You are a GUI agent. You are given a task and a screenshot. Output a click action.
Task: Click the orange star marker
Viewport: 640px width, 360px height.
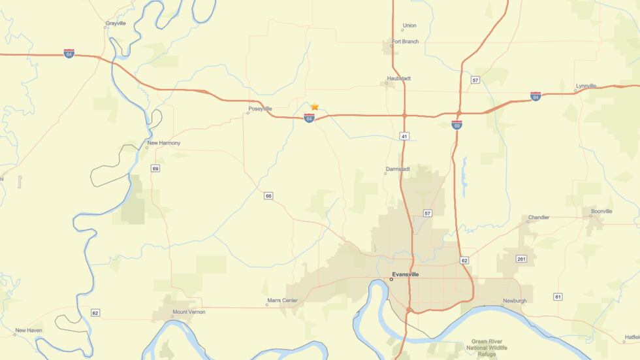315,106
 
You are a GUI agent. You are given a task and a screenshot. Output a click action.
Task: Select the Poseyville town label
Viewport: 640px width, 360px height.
260,109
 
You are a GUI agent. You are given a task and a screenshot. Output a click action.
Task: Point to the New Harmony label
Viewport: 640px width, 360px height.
163,143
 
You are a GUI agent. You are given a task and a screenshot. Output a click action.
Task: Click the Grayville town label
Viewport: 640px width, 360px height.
115,24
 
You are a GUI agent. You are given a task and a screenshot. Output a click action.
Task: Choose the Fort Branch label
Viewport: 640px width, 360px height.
405,42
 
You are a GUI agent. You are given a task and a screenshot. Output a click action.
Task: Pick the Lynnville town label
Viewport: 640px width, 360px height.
586,86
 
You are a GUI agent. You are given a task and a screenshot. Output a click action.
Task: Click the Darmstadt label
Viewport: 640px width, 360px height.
397,169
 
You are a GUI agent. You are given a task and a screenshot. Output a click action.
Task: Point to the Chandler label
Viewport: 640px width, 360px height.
538,218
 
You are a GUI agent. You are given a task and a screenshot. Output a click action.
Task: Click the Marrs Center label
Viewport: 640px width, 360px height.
282,301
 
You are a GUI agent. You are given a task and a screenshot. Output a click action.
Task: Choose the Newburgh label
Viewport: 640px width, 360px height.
514,301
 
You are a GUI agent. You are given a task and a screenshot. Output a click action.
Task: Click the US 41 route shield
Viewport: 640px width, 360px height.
405,136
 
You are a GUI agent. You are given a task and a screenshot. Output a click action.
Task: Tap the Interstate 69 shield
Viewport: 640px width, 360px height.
457,124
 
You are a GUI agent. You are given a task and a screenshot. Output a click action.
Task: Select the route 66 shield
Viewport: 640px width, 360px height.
268,195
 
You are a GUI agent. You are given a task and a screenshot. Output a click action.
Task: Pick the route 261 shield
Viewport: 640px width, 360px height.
521,259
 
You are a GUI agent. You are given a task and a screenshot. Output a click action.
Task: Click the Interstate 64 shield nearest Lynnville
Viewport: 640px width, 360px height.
536,96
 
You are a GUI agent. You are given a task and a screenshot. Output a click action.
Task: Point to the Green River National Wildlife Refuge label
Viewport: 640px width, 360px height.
494,347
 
